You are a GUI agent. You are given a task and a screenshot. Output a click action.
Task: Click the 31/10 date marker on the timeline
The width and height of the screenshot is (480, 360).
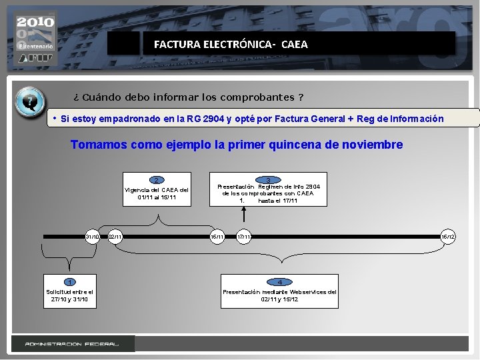pos(93,237)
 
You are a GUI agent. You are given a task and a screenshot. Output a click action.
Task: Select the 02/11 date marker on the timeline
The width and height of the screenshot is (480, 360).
pos(115,237)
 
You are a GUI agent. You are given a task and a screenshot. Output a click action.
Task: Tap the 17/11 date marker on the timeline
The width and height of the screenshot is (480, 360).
pos(245,237)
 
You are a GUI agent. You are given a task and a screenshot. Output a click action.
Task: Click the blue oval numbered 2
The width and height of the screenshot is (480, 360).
pos(156,180)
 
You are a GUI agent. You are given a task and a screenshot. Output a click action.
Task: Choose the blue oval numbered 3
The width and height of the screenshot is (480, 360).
pos(268,179)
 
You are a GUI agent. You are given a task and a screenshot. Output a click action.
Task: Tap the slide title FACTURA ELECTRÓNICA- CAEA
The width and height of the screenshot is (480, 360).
pos(231,45)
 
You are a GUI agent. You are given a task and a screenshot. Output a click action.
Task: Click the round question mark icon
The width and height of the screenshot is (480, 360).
pos(29,103)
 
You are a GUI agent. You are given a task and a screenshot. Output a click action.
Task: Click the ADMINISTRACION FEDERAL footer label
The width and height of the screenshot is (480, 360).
pos(72,344)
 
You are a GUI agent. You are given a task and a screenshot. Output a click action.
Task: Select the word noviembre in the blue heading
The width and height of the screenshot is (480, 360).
pos(373,145)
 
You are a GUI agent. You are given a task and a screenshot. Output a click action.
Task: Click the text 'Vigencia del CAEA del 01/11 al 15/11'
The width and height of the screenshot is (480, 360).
pos(157,193)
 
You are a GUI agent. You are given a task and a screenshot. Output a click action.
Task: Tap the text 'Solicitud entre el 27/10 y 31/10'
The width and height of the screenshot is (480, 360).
pos(69,295)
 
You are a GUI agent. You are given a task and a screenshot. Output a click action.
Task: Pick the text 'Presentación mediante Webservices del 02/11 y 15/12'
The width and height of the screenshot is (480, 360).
pos(279,295)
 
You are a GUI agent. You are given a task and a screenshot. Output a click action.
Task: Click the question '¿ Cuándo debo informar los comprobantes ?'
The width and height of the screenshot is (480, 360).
pos(189,97)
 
